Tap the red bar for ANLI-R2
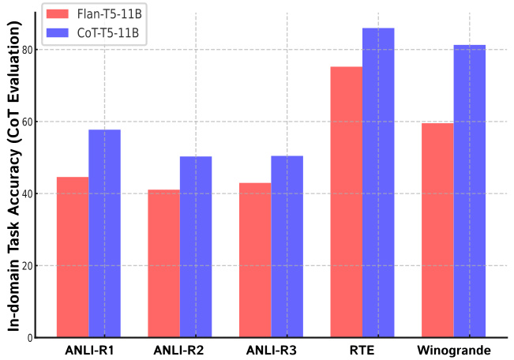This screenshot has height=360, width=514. click(x=163, y=264)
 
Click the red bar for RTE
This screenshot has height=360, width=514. click(x=347, y=202)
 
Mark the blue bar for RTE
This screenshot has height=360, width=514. click(x=378, y=182)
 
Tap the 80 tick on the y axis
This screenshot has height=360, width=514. click(x=28, y=50)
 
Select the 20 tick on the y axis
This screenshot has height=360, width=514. click(x=28, y=266)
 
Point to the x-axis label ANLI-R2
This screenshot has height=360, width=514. click(x=179, y=350)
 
